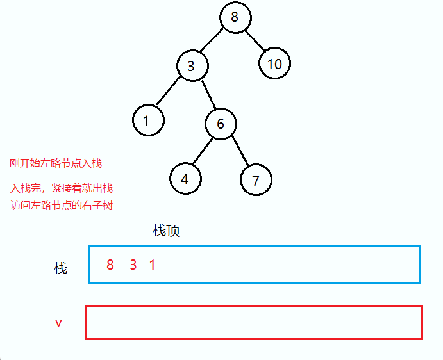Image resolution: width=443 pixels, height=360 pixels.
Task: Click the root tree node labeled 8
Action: point(235,18)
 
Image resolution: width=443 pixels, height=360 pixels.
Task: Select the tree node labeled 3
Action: point(191,66)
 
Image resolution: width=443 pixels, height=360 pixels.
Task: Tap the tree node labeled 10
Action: point(275,64)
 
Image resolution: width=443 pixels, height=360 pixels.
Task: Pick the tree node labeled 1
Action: point(148,120)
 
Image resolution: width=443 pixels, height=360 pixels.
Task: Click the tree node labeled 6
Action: point(221,124)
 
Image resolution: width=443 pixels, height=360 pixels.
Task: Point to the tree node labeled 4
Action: point(185,179)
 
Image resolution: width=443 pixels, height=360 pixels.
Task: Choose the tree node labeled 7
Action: point(256,181)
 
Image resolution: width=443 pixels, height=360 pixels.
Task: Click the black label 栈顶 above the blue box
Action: point(166,231)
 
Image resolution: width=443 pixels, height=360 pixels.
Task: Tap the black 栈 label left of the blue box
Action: point(61,268)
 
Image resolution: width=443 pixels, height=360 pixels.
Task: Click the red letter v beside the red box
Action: point(58,323)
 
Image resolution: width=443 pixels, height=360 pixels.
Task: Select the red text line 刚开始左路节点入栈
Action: point(56,163)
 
